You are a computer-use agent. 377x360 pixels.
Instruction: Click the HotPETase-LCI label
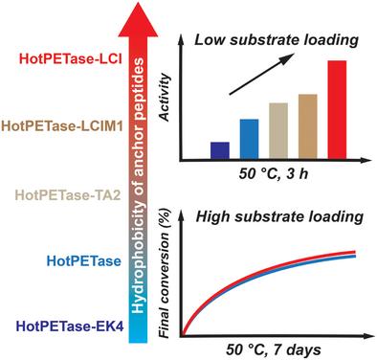pyautogui.click(x=71, y=59)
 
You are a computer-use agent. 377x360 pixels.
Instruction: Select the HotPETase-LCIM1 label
pyautogui.click(x=62, y=126)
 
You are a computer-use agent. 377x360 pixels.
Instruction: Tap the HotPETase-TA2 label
pyautogui.click(x=68, y=194)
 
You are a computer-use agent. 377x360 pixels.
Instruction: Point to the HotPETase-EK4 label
pyautogui.click(x=70, y=326)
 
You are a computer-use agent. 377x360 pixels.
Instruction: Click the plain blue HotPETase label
pyautogui.click(x=84, y=261)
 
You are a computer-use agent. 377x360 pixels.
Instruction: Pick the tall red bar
pyautogui.click(x=337, y=109)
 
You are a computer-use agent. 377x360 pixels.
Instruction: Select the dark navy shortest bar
pyautogui.click(x=220, y=150)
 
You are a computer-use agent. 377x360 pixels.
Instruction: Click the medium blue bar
pyautogui.click(x=249, y=139)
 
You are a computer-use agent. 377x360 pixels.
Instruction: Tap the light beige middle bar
pyautogui.click(x=278, y=131)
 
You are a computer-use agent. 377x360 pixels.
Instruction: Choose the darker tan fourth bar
pyautogui.click(x=308, y=126)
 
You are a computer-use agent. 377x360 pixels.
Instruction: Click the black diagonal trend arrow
pyautogui.click(x=261, y=74)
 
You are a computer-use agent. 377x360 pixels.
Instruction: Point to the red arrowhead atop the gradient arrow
pyautogui.click(x=138, y=19)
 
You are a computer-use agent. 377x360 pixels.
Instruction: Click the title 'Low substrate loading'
pyautogui.click(x=277, y=40)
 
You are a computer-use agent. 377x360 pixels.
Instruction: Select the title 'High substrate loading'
pyautogui.click(x=279, y=217)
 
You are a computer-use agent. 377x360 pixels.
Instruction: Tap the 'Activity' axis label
pyautogui.click(x=165, y=98)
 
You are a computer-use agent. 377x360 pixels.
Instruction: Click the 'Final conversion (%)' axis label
pyautogui.click(x=165, y=274)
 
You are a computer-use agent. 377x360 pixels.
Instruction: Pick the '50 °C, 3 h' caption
pyautogui.click(x=274, y=173)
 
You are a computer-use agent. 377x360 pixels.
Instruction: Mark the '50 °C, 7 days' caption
pyautogui.click(x=274, y=350)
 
